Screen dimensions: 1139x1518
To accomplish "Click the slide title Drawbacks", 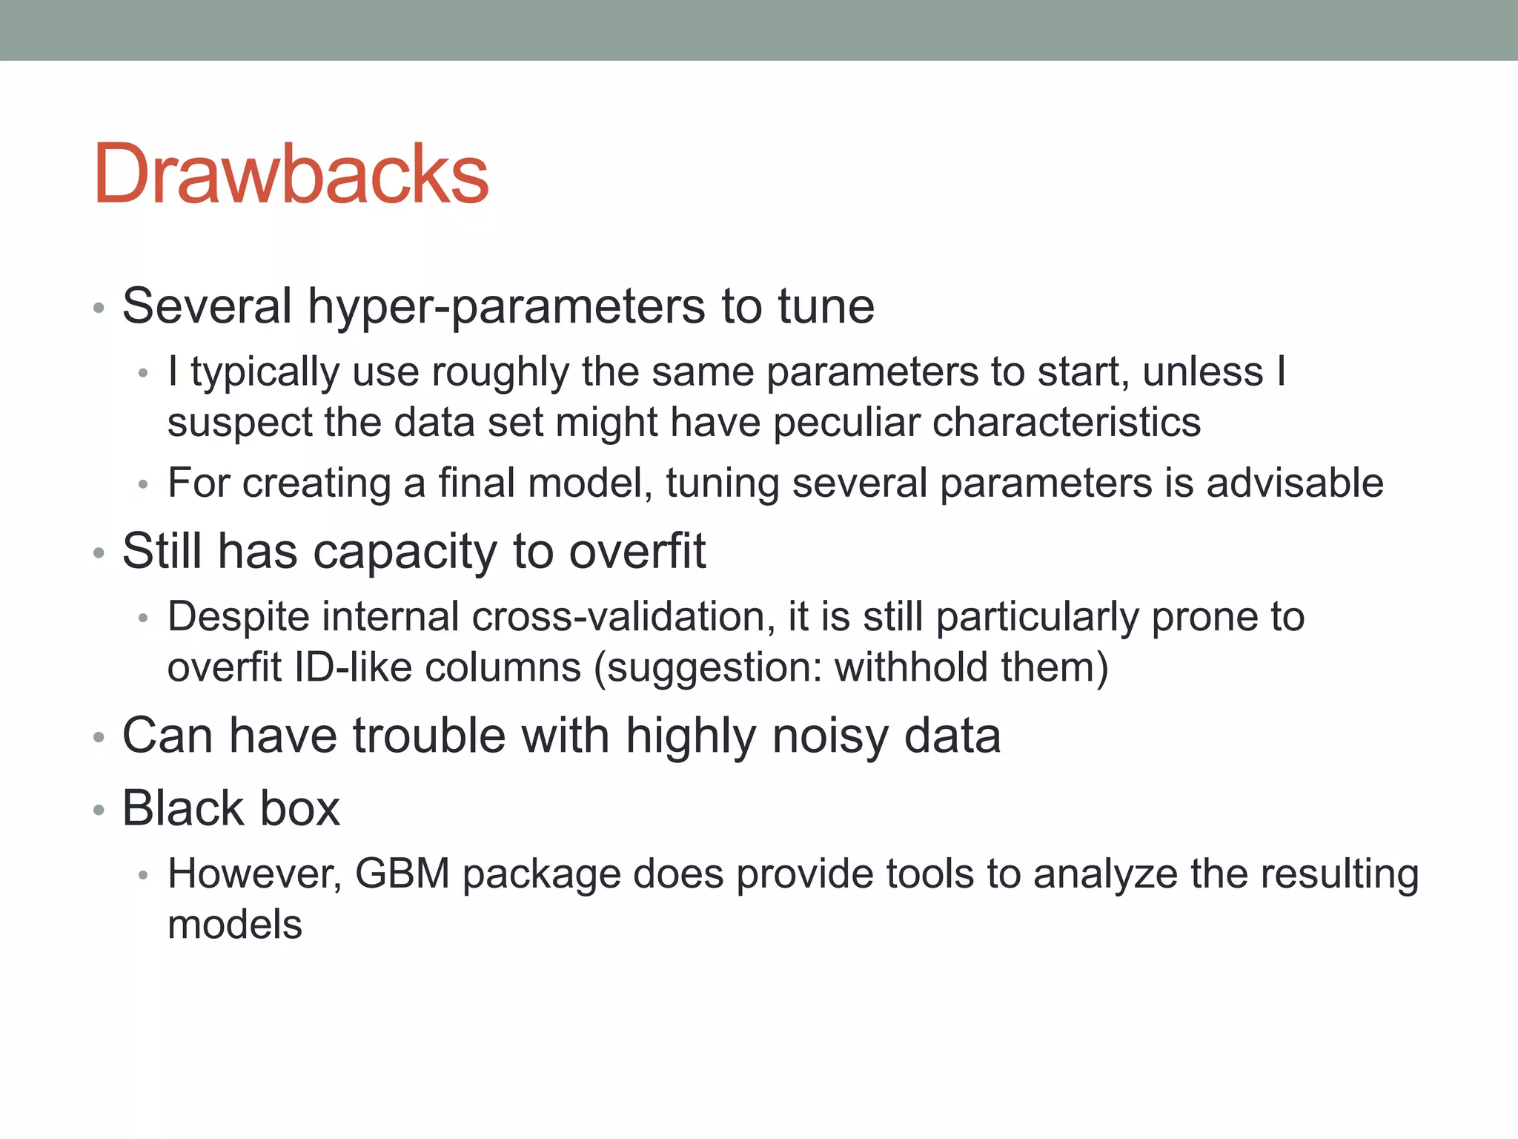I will [291, 175].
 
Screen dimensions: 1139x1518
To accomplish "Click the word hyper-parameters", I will [506, 307].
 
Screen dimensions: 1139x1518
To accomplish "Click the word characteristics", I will [1066, 423].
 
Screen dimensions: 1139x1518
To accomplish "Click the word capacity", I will [404, 553].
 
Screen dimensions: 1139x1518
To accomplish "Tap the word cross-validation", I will [623, 617].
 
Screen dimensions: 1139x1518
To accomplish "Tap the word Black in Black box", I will [182, 808].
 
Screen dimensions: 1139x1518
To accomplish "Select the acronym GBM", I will [402, 874].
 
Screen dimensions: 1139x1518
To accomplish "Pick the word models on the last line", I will [235, 925].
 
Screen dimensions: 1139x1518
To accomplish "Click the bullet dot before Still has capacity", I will [99, 553].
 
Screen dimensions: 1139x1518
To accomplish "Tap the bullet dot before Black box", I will [99, 810].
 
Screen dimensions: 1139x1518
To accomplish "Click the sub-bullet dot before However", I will [144, 876].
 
